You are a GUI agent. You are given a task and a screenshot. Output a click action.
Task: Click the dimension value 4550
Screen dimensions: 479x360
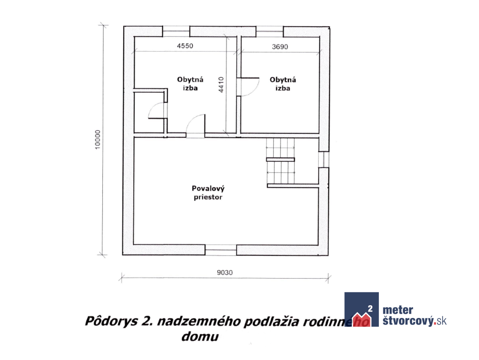(185, 46)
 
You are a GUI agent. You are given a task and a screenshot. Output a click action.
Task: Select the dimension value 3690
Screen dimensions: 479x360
(280, 47)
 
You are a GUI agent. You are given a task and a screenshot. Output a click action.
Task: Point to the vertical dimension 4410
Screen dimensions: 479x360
(221, 85)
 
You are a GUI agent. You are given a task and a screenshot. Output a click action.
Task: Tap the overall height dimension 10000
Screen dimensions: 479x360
(97, 140)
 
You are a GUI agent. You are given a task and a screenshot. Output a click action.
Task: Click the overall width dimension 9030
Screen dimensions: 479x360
(225, 273)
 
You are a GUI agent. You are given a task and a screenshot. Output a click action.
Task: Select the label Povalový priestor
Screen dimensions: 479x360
(208, 193)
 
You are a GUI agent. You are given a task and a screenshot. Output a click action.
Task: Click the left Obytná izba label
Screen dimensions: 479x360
(190, 84)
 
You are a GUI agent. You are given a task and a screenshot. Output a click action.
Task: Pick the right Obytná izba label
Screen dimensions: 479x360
(283, 84)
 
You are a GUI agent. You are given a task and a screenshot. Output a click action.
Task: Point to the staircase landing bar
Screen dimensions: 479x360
(281, 159)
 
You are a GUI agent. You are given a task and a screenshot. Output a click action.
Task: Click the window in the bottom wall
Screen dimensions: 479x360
(221, 250)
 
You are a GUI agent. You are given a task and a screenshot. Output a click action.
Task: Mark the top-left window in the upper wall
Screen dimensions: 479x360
(176, 31)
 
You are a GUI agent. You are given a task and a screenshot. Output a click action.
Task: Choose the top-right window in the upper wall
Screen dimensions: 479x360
(269, 31)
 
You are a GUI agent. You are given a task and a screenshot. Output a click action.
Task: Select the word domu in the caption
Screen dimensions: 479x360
(200, 336)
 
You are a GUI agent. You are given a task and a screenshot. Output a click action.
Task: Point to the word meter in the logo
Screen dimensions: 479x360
(398, 310)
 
